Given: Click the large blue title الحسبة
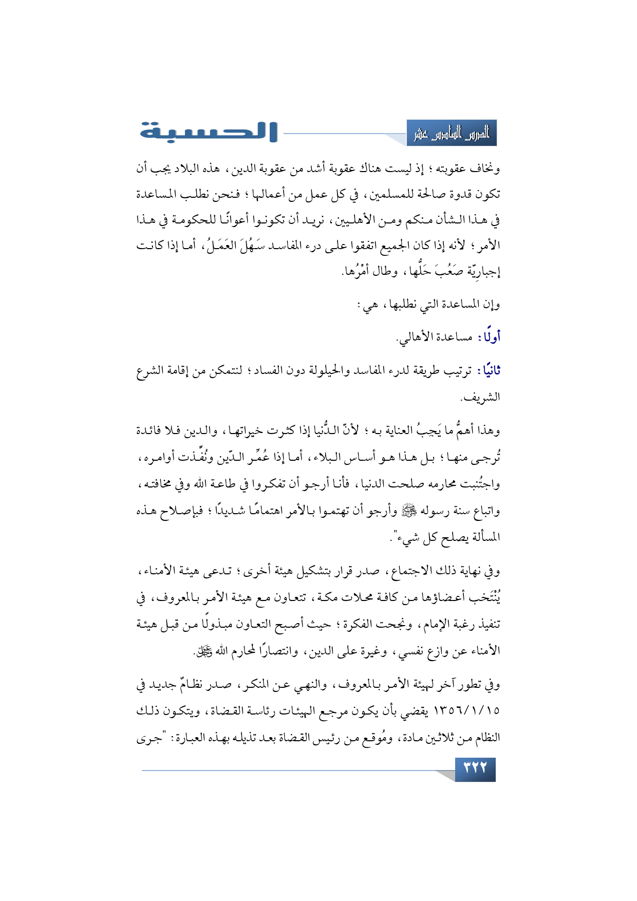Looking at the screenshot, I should (209, 132).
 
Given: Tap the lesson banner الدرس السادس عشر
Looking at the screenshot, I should (452, 134).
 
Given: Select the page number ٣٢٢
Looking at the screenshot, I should (475, 769).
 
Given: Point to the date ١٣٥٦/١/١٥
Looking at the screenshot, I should (466, 711).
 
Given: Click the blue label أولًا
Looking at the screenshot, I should (489, 337).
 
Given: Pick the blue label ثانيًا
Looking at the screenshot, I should (489, 371).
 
